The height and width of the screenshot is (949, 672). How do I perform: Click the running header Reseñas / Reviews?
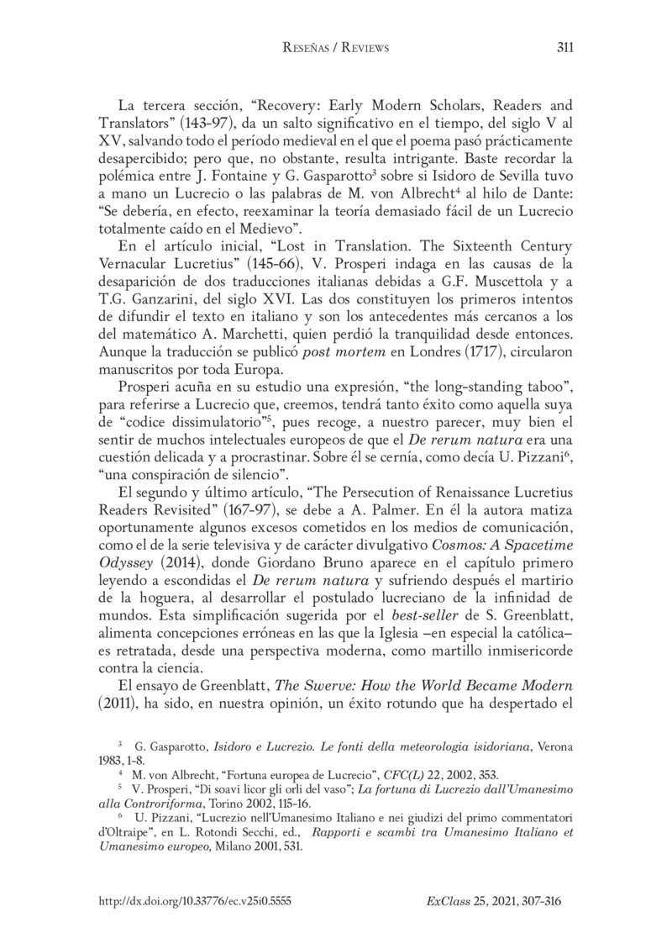[335, 49]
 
